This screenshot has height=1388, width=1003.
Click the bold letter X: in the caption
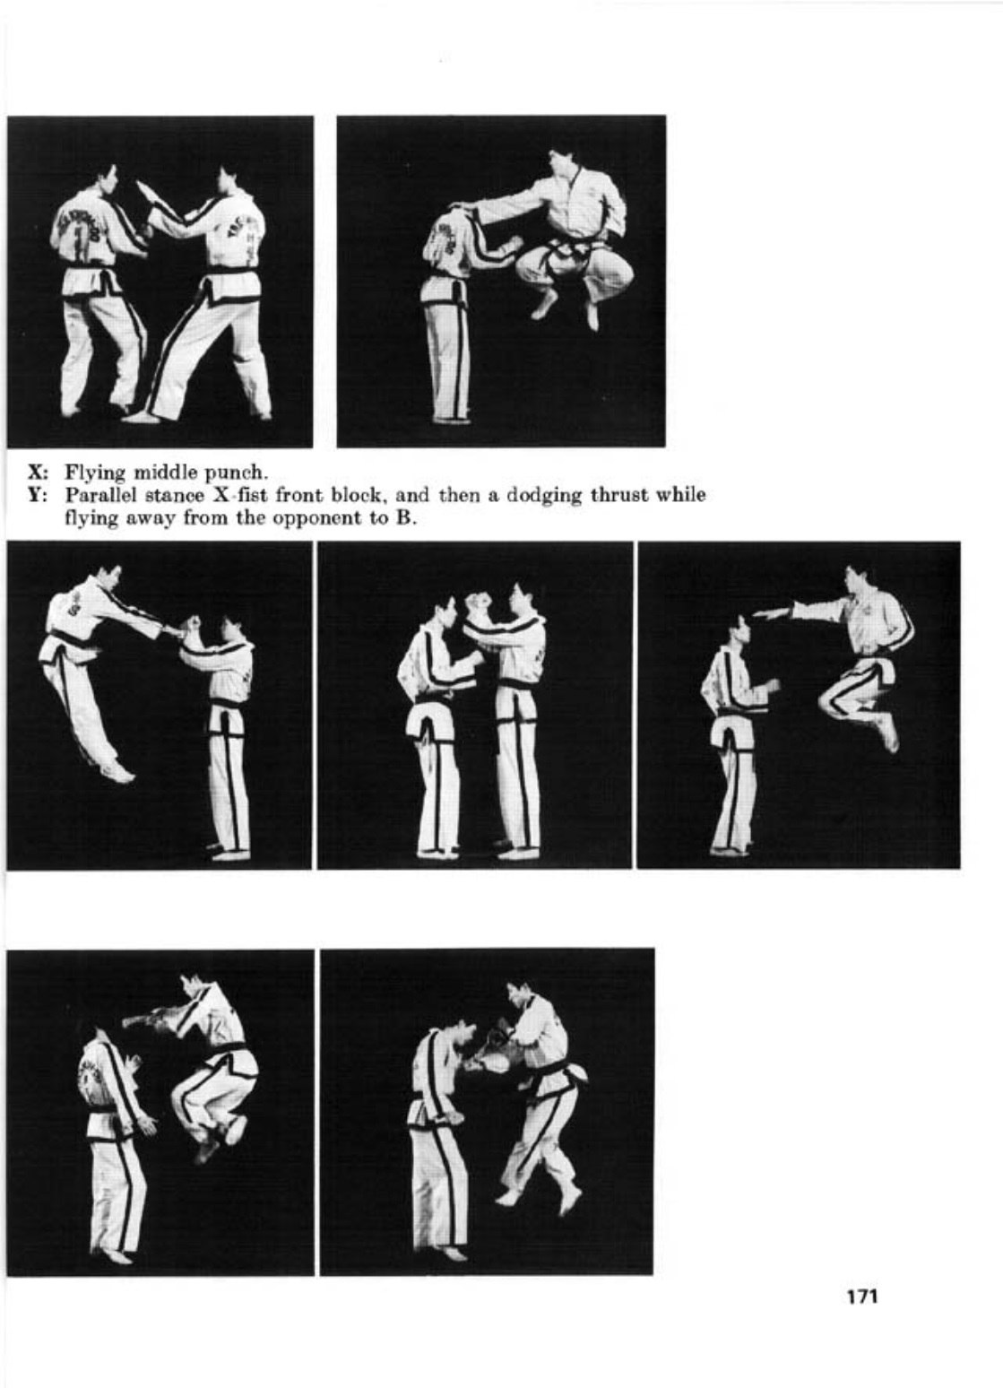(37, 473)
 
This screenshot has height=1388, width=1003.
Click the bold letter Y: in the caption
(37, 496)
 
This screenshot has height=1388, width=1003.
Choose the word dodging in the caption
(542, 497)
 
